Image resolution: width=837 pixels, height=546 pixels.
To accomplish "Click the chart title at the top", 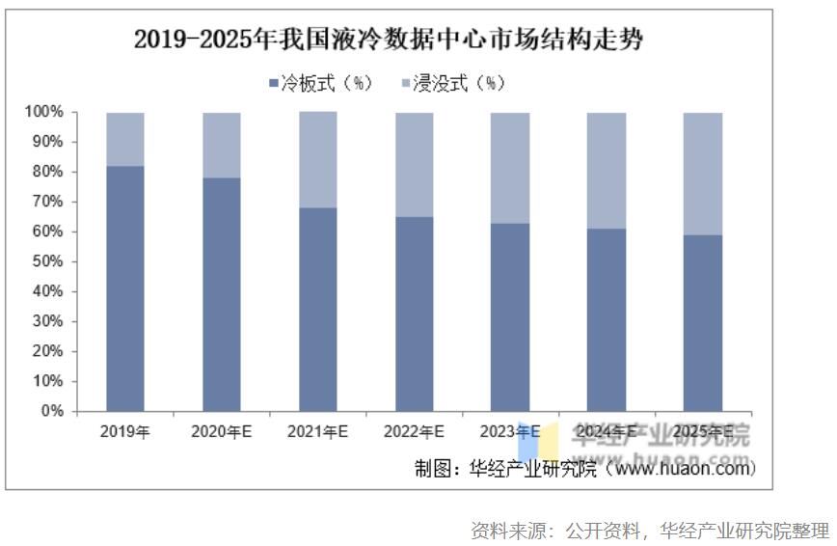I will tap(389, 40).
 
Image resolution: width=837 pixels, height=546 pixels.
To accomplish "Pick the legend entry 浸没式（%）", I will tap(452, 84).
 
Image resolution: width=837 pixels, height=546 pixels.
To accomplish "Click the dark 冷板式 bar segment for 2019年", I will tap(125, 288).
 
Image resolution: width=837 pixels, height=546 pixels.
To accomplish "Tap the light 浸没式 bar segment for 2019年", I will tap(125, 139).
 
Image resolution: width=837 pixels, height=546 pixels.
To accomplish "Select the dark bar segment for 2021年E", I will tap(317, 309).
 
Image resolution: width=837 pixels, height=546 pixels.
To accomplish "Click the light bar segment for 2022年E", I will tap(414, 164).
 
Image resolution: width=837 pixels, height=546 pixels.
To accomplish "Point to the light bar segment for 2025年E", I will tap(703, 174).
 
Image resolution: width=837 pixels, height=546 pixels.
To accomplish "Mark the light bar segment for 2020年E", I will tap(222, 145).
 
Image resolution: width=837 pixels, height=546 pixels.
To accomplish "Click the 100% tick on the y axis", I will tap(44, 113).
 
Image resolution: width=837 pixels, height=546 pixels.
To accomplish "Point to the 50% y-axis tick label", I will tap(47, 262).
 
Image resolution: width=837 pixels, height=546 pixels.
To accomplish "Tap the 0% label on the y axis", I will tap(52, 412).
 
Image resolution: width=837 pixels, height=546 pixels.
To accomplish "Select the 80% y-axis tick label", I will tap(47, 173).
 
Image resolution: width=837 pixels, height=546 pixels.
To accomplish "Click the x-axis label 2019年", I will tap(125, 432).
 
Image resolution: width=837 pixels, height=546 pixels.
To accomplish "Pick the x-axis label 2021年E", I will tap(317, 432).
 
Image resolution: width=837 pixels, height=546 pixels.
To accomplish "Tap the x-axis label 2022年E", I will tap(414, 432).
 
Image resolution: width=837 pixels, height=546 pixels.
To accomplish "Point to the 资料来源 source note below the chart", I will tap(649, 530).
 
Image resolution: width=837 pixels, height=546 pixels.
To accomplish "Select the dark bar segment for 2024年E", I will tap(607, 319).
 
